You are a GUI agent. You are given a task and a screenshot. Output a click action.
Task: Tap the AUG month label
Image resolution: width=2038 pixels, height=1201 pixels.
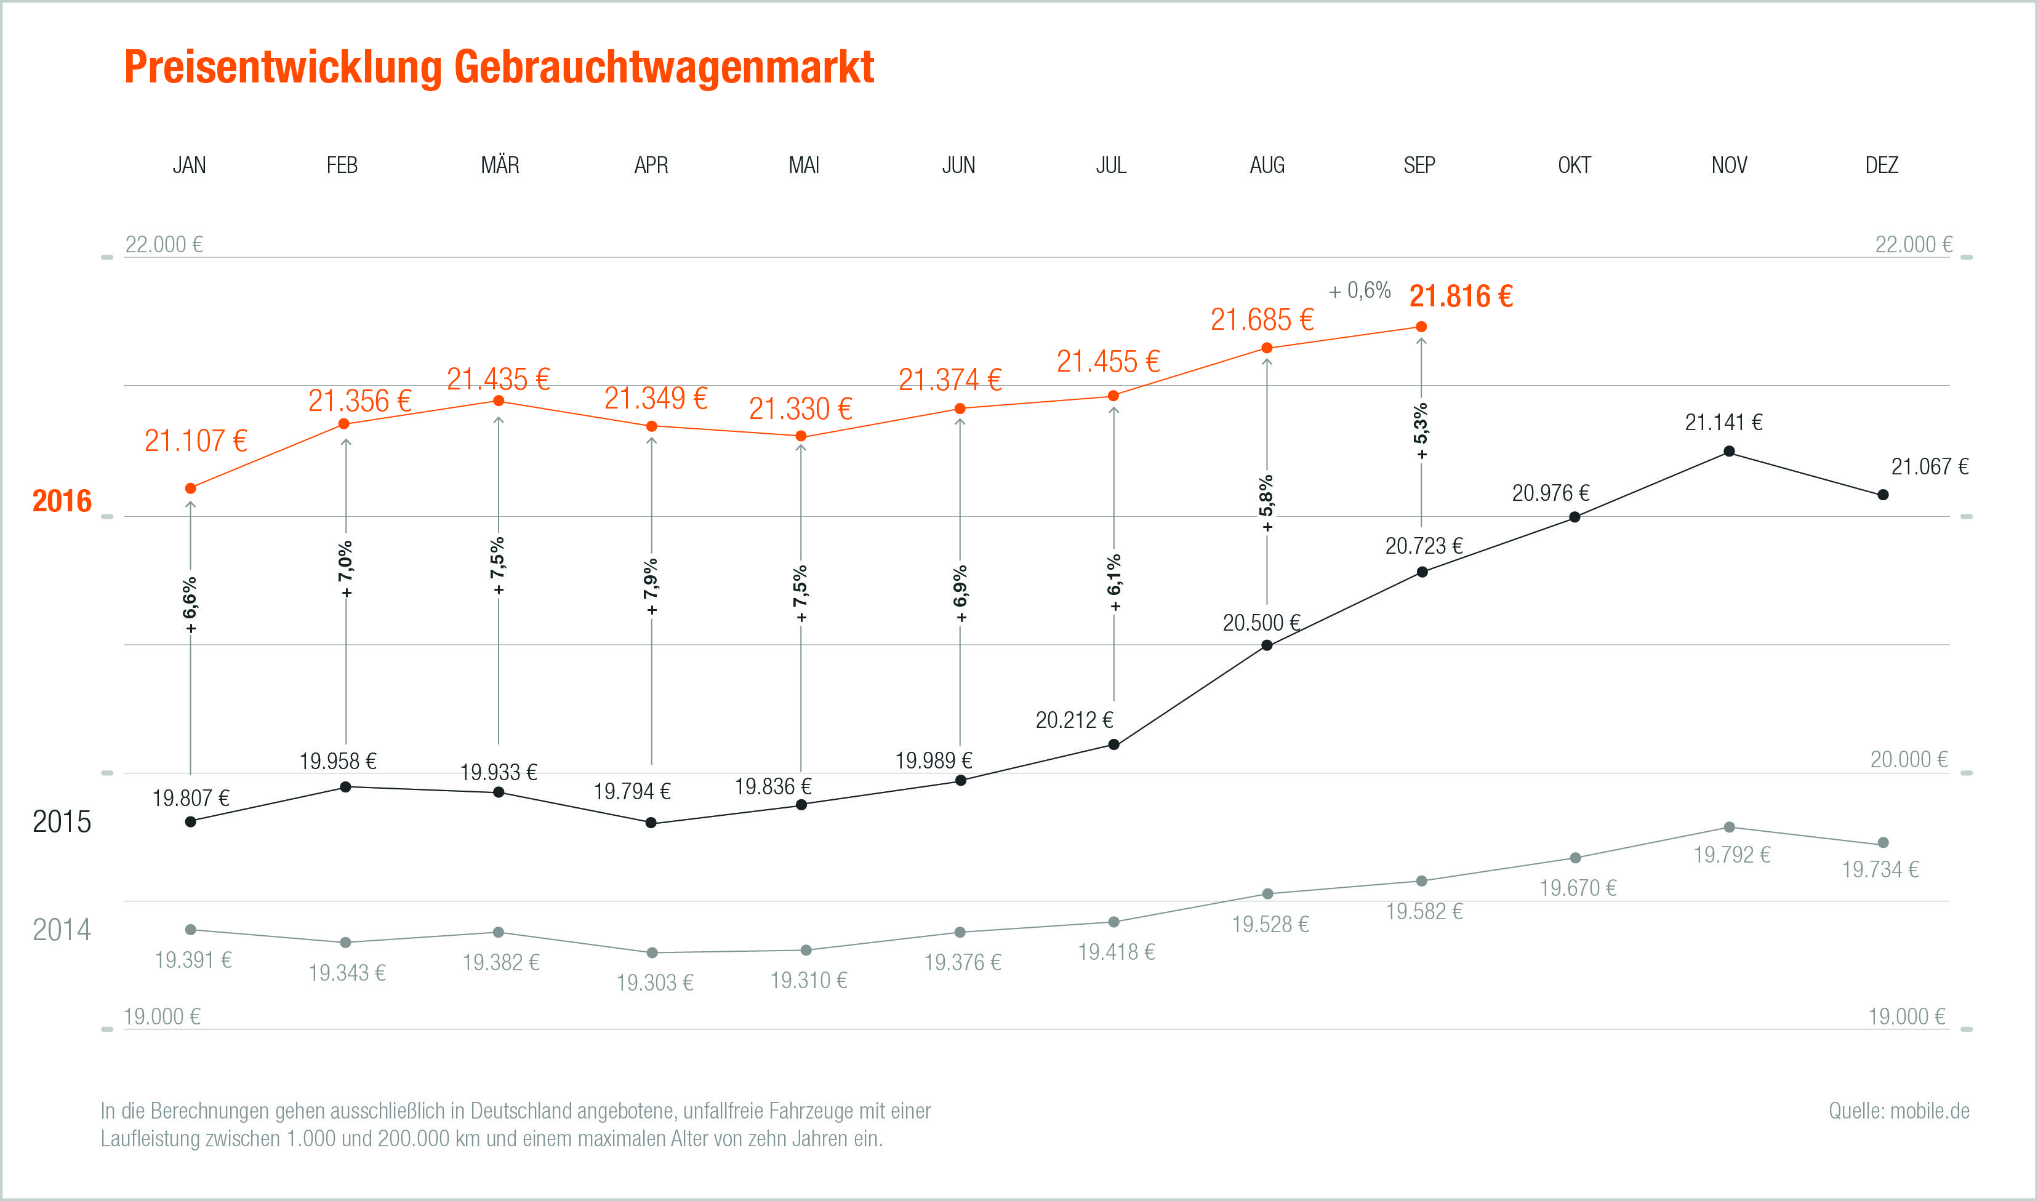(1267, 165)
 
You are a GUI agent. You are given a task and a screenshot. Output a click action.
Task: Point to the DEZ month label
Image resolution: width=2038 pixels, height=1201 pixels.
(1881, 165)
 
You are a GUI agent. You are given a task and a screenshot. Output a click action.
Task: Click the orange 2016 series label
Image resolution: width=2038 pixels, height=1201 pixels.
(62, 502)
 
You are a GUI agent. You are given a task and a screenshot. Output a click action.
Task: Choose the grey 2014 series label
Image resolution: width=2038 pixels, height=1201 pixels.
(62, 930)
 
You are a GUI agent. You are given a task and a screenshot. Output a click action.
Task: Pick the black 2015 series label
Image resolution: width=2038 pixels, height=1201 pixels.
(62, 822)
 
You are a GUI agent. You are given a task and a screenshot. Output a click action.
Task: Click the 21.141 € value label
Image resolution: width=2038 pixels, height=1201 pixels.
(1723, 423)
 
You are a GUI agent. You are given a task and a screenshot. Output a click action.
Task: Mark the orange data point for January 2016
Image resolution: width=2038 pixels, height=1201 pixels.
(191, 488)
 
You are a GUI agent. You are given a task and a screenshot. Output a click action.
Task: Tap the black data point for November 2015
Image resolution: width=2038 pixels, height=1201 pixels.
(1729, 452)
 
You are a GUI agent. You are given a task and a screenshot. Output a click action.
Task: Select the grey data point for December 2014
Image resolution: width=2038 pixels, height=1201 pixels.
(1883, 842)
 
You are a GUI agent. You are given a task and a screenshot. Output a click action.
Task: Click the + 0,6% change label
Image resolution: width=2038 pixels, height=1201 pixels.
(1360, 290)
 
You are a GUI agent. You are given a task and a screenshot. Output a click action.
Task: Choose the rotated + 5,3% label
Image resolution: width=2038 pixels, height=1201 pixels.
(1421, 431)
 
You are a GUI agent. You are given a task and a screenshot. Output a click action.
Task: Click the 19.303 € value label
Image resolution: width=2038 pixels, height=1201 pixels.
(655, 983)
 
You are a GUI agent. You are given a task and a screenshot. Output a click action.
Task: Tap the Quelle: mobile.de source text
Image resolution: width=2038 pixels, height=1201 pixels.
(1899, 1111)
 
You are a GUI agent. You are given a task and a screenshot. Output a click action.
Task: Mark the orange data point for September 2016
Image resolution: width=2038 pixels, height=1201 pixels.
(1421, 327)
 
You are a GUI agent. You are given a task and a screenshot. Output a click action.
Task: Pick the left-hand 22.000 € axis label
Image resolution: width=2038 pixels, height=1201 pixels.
(164, 244)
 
